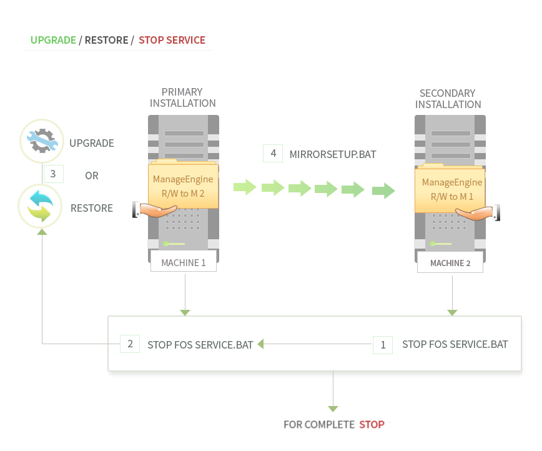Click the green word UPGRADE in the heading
(53, 40)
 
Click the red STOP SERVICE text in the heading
(172, 40)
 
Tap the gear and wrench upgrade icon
(42, 141)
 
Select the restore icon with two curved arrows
(41, 206)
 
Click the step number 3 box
(53, 174)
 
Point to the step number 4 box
(273, 153)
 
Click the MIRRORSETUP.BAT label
(333, 154)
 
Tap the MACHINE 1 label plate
(183, 262)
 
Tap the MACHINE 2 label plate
(450, 263)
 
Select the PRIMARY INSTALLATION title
(183, 97)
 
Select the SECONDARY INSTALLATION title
(448, 99)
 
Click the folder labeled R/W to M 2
(183, 186)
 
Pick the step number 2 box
(130, 344)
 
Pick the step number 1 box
(383, 344)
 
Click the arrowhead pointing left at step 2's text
(260, 344)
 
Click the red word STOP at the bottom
(372, 425)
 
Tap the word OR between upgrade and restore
(92, 176)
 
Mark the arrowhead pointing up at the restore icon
(42, 232)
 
